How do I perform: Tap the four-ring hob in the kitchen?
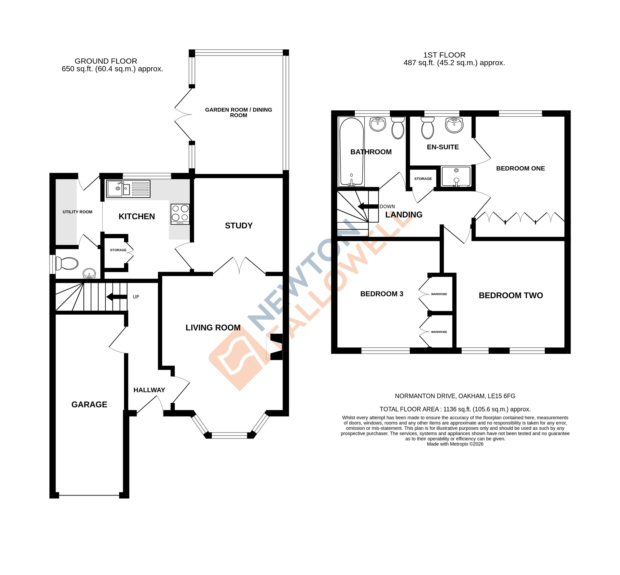(x=180, y=214)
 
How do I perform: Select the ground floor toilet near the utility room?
(x=67, y=264)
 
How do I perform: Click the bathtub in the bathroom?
(x=351, y=152)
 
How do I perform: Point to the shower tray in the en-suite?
(x=456, y=176)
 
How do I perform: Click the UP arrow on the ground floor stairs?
(x=117, y=297)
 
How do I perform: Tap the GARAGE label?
(x=89, y=405)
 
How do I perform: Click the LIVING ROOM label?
(x=213, y=328)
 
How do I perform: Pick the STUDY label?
(x=239, y=226)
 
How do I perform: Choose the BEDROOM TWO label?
(x=511, y=295)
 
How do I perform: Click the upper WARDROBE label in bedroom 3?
(x=439, y=294)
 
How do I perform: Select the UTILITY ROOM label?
(x=78, y=212)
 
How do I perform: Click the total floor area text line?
(x=455, y=409)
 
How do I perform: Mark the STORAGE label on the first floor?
(x=423, y=179)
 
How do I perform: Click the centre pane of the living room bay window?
(x=229, y=435)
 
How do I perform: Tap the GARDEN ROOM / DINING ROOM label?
(x=238, y=112)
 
